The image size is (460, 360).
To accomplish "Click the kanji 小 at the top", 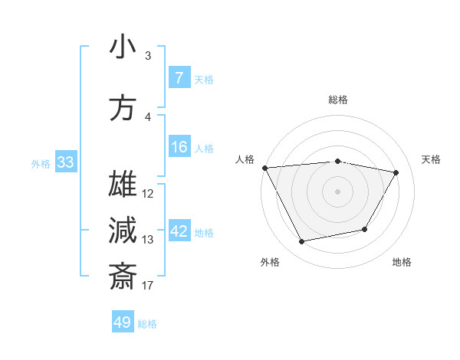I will point(123,47).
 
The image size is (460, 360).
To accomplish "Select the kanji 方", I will point(123,109).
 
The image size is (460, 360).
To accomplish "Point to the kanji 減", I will point(123,230).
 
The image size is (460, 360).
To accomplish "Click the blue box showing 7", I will point(179,78).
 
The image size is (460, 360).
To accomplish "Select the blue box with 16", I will point(179,147).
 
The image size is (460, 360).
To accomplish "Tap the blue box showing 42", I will point(179,231).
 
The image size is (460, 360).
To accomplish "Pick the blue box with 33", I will point(65,162).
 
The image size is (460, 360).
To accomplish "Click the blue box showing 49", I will point(123,322).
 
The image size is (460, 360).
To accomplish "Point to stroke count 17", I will point(148,286).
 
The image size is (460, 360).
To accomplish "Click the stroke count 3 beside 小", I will point(148,56).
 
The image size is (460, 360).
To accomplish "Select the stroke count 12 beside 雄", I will point(148,194).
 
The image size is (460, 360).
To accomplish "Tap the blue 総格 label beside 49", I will point(147,324).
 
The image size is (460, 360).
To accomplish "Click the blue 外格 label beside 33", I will point(41,163).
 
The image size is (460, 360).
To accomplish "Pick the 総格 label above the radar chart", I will point(337,100).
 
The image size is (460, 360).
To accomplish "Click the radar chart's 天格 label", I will point(432,159).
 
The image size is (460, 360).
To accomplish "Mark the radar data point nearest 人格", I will point(264,168).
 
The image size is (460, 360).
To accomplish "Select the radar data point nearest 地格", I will point(365,229).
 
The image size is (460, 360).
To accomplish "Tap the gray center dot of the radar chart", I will point(337,191).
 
